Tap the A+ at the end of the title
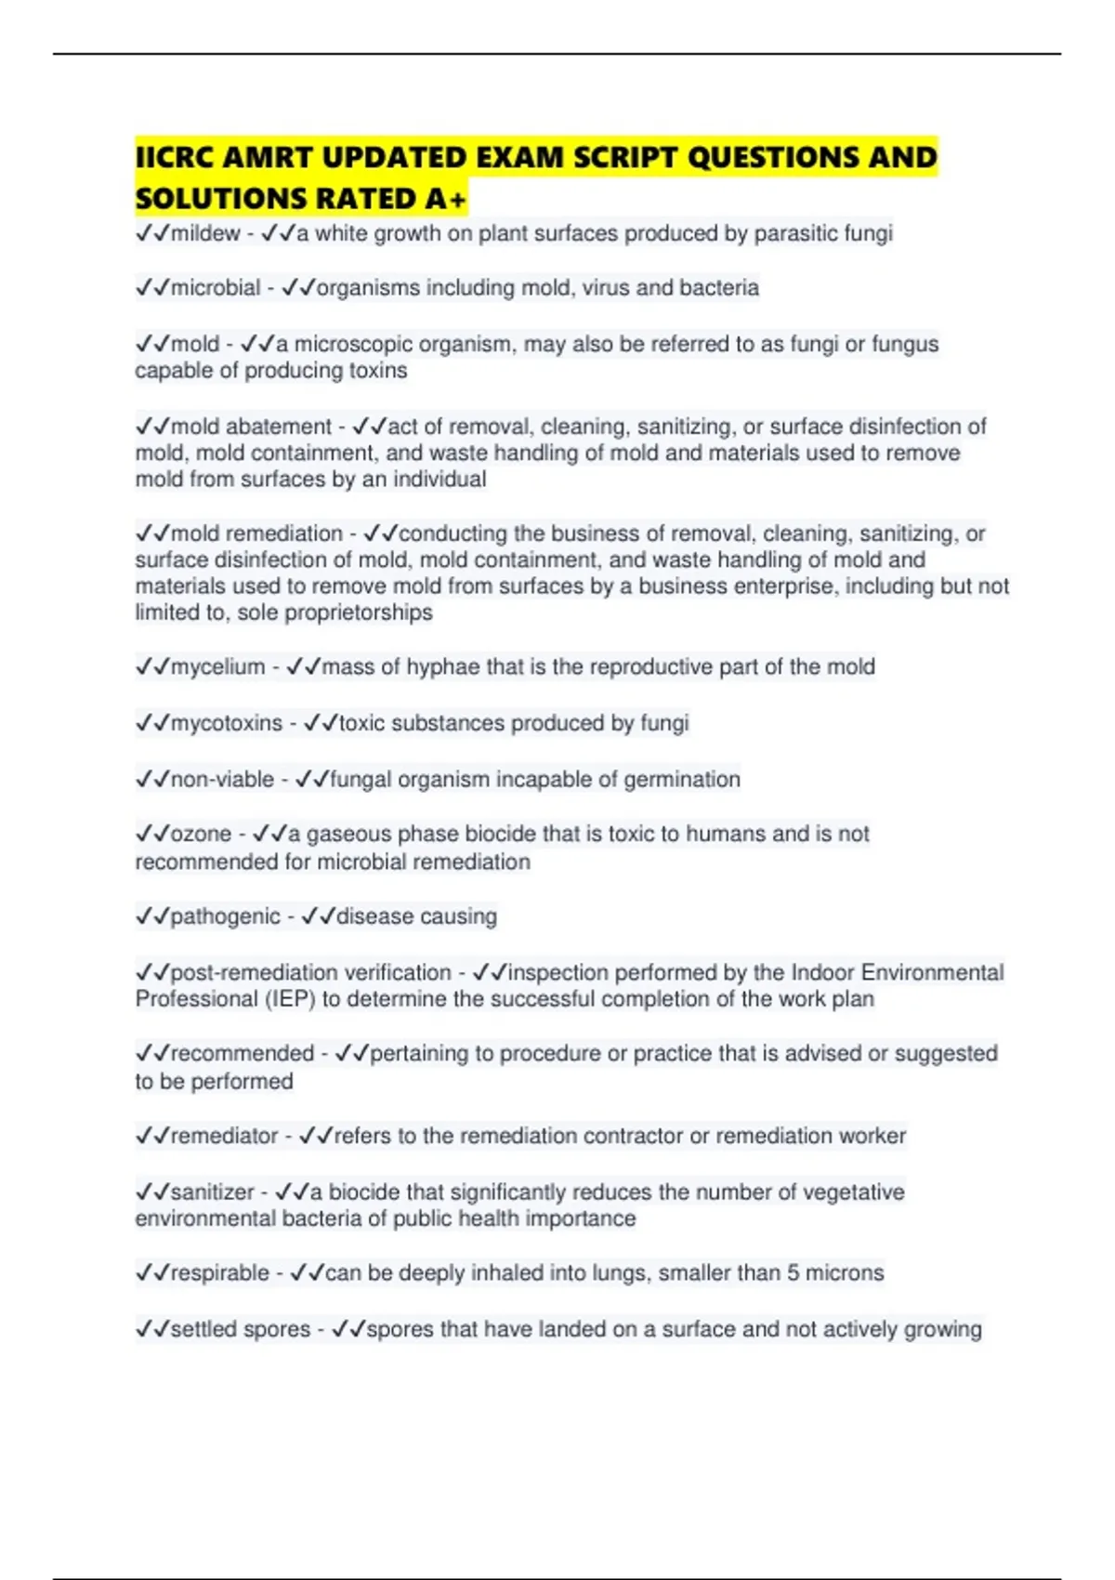click(446, 199)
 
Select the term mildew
click(205, 233)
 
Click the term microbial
click(216, 288)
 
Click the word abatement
click(279, 427)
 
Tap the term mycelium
click(217, 667)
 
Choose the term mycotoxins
click(226, 723)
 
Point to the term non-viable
click(222, 779)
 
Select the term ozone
click(201, 834)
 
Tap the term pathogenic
click(225, 916)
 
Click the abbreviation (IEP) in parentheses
click(291, 999)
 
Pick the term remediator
click(224, 1136)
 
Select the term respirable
click(219, 1273)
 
